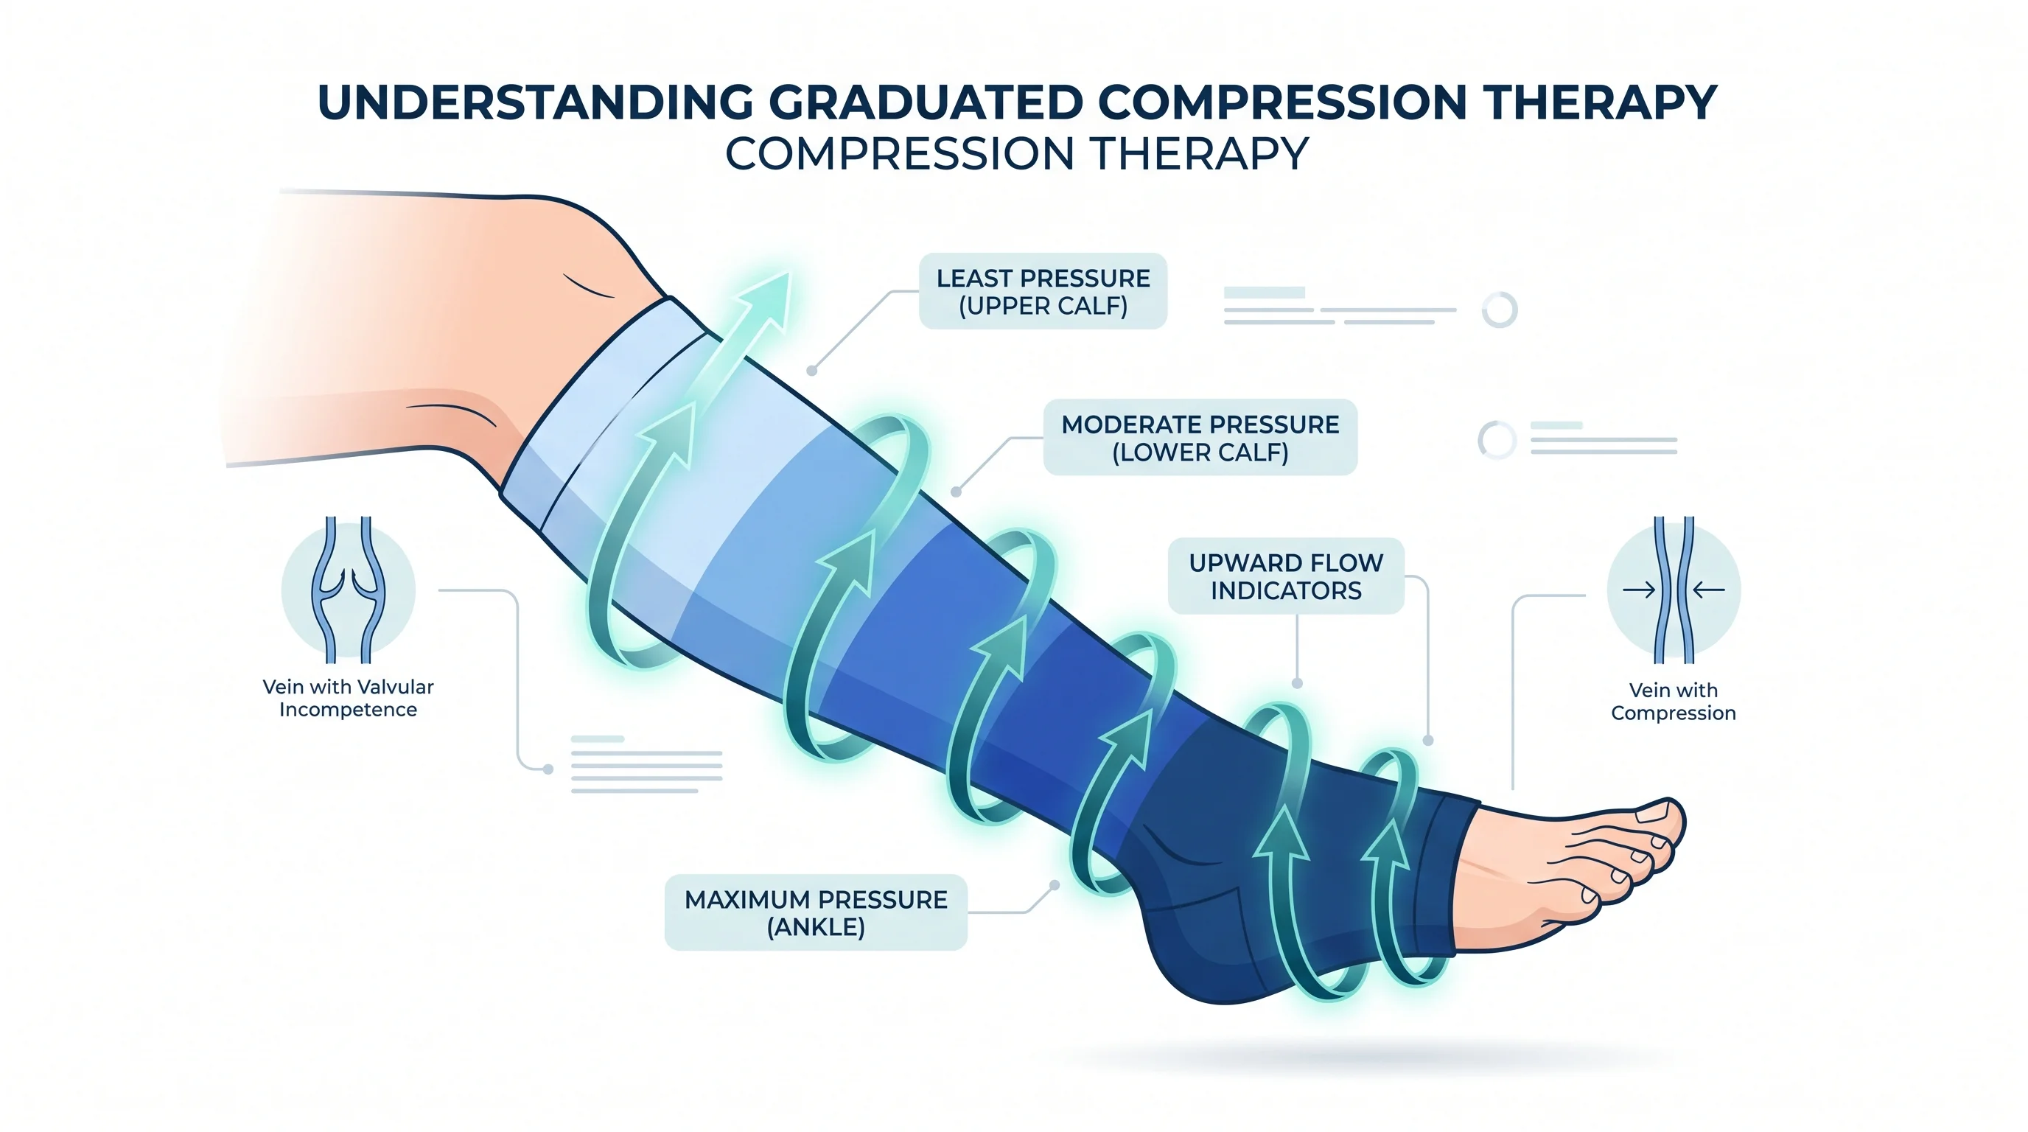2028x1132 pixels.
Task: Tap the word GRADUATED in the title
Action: click(x=925, y=102)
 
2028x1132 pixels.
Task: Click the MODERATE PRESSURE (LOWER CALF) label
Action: click(x=1200, y=438)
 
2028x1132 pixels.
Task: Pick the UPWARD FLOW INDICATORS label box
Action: click(x=1286, y=576)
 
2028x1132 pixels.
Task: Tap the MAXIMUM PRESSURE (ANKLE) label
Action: click(x=816, y=912)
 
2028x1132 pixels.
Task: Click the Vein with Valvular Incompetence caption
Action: click(x=348, y=698)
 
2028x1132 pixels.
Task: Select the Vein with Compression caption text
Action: click(x=1673, y=702)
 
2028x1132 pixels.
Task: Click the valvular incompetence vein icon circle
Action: click(x=348, y=590)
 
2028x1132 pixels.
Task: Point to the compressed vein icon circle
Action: click(x=1674, y=590)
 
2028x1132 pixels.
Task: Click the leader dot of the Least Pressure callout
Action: click(x=811, y=371)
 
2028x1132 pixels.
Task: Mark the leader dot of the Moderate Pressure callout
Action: click(x=956, y=492)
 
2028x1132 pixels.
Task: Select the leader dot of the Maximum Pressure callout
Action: click(x=1055, y=885)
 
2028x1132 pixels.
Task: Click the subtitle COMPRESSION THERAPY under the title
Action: click(x=1016, y=154)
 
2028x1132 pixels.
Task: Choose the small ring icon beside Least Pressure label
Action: click(x=1500, y=310)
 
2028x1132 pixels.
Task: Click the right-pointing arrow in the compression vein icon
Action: click(x=1638, y=590)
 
